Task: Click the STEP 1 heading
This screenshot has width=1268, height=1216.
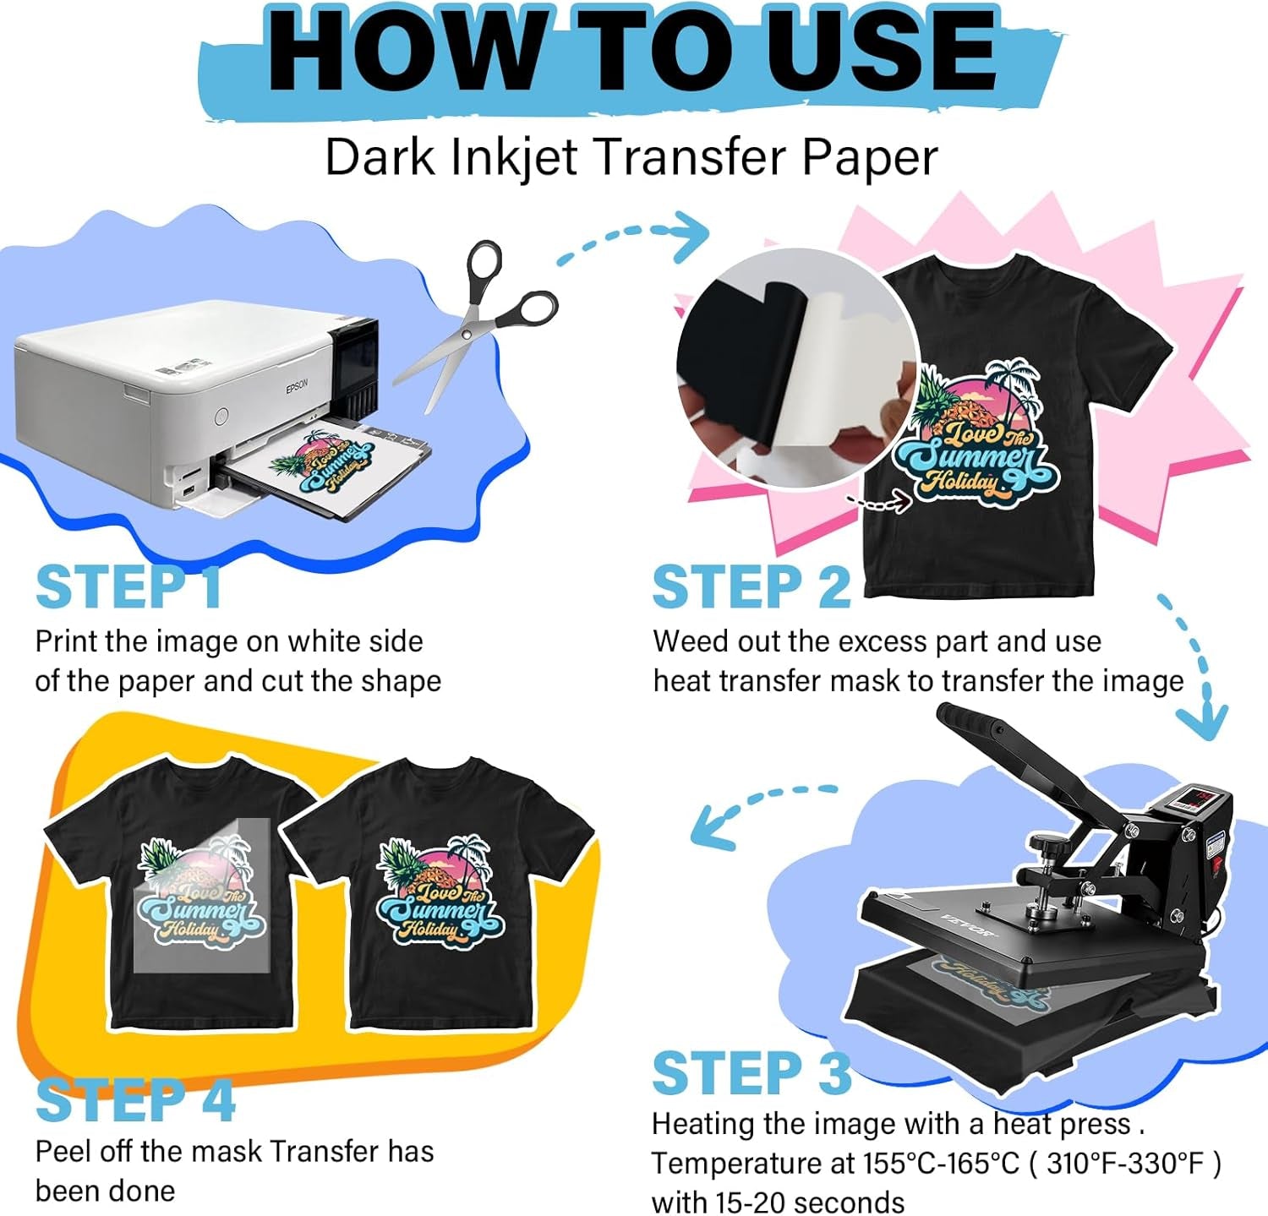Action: (x=128, y=587)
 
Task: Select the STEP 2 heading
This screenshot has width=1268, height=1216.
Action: (x=751, y=587)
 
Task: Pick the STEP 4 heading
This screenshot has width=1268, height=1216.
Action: (x=135, y=1101)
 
